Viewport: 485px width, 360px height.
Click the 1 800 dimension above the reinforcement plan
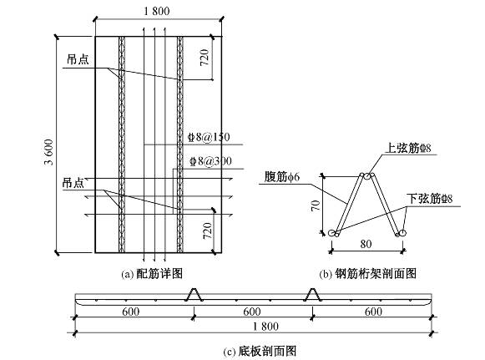[x=157, y=11]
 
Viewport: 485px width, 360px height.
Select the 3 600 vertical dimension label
[x=49, y=152]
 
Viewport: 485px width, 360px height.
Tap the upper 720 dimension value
[x=205, y=58]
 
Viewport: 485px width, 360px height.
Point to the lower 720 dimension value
[x=207, y=231]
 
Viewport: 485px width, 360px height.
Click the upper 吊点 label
[x=78, y=59]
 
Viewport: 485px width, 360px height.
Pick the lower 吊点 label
[x=73, y=183]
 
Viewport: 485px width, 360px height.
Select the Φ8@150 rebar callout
[x=210, y=137]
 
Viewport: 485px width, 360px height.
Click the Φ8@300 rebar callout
[x=211, y=161]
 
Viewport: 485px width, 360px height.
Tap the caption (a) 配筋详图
[x=152, y=274]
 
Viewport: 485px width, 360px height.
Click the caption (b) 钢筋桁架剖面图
[x=368, y=274]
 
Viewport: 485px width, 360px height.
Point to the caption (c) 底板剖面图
[x=260, y=352]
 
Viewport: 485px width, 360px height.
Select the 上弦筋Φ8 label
[x=408, y=149]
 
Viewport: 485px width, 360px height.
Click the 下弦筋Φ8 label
[x=430, y=199]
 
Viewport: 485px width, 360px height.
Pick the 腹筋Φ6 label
[x=282, y=177]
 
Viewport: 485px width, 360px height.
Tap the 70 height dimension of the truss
[x=316, y=205]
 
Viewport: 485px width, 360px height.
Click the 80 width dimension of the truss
[x=366, y=244]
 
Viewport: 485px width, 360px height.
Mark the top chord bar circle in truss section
[x=366, y=176]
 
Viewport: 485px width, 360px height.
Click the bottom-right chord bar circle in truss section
[x=402, y=233]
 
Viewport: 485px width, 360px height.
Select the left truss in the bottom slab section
[x=195, y=294]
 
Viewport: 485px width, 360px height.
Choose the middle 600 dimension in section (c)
[x=252, y=312]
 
